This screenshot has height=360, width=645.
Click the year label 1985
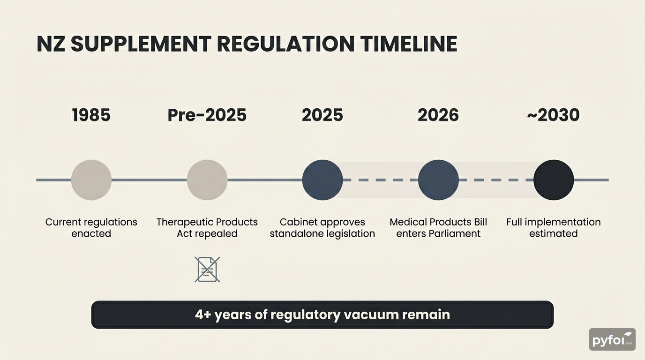pos(91,115)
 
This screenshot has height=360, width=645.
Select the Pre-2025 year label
pos(207,115)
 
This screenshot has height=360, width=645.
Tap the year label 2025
pos(322,115)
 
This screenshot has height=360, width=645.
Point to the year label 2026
pos(438,115)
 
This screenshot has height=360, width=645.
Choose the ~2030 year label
pos(553,115)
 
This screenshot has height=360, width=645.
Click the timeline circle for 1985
pos(91,180)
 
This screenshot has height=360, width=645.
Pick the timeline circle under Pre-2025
pos(207,180)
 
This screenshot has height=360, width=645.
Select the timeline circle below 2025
pos(322,180)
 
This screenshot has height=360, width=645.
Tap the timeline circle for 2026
pos(438,180)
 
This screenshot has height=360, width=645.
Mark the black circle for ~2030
pos(554,180)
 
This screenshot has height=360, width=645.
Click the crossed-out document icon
pos(207,270)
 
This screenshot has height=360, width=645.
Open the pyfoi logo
pos(612,339)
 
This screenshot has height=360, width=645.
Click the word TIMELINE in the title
pos(409,44)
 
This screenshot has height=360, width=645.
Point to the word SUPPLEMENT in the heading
pos(142,44)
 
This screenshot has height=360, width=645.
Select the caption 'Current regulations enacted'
pos(91,228)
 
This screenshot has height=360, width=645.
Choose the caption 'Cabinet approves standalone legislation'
pos(322,228)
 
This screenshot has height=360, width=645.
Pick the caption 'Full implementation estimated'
pos(554,228)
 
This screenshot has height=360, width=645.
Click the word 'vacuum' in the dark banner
pos(371,315)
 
